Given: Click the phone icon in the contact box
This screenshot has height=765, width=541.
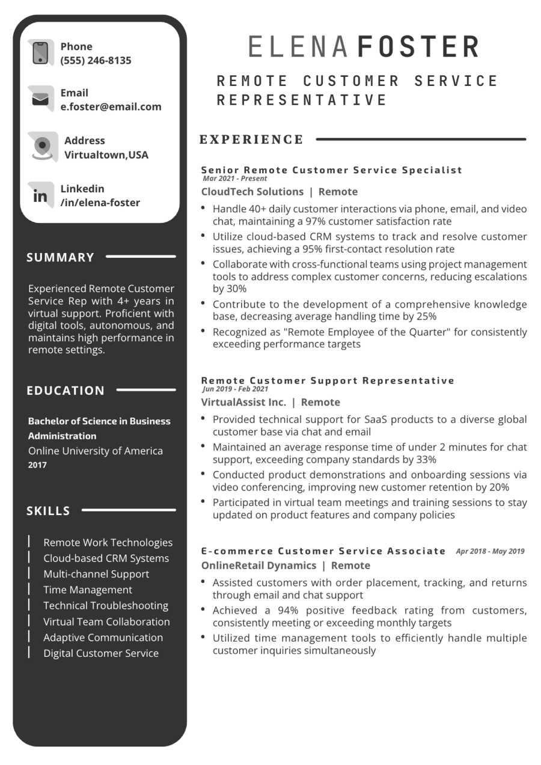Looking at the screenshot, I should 40,53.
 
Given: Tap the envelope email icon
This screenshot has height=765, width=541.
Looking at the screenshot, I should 40,99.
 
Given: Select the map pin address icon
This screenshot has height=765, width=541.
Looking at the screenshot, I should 42,146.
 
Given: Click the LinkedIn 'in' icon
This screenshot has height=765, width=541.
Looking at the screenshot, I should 40,195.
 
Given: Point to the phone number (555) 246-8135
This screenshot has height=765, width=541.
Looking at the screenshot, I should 96,60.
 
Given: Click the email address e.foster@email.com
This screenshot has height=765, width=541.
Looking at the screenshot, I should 111,107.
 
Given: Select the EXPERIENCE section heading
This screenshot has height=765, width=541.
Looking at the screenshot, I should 252,140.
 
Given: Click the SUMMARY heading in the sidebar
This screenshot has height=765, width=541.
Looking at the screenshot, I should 61,258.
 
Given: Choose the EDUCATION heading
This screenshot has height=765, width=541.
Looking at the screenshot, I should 66,391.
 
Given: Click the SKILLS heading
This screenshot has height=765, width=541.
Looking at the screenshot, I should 49,511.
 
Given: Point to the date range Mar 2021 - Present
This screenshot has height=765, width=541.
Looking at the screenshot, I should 235,178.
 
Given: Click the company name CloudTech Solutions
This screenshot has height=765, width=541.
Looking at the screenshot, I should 252,192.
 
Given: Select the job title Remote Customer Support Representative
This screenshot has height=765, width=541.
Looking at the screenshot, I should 328,380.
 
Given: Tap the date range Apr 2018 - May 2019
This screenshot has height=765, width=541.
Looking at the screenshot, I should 490,551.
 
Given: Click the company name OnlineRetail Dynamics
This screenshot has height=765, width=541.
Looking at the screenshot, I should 258,565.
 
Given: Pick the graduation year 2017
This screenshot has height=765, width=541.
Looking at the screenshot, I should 37,465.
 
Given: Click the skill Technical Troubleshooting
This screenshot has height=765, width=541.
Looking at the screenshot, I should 106,606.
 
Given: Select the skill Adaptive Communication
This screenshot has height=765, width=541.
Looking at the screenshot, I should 103,638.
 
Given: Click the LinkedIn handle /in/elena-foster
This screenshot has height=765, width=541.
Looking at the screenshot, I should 100,203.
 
